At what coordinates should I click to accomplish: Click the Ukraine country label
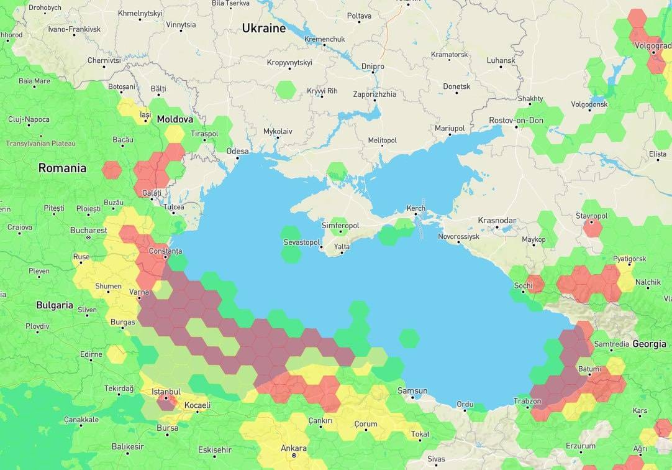tap(264, 29)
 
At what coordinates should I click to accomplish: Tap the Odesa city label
tap(237, 151)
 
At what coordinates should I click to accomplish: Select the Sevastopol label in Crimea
tap(301, 242)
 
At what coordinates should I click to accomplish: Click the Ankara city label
tap(294, 448)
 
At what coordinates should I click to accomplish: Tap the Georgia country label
tap(650, 344)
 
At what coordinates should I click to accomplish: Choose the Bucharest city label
tap(88, 230)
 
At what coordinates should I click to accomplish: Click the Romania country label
tap(62, 168)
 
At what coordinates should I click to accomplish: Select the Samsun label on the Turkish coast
tap(412, 391)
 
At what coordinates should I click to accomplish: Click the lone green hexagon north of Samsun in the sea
tap(409, 339)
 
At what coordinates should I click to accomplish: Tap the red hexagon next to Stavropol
tap(593, 228)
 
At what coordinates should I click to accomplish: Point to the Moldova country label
tap(175, 119)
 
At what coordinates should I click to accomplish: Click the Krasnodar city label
tap(497, 221)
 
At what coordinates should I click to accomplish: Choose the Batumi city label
tap(589, 369)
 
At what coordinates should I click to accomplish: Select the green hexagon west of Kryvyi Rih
tap(286, 90)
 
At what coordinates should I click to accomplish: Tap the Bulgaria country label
tap(55, 306)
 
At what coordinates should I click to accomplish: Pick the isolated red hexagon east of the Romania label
tap(112, 170)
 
